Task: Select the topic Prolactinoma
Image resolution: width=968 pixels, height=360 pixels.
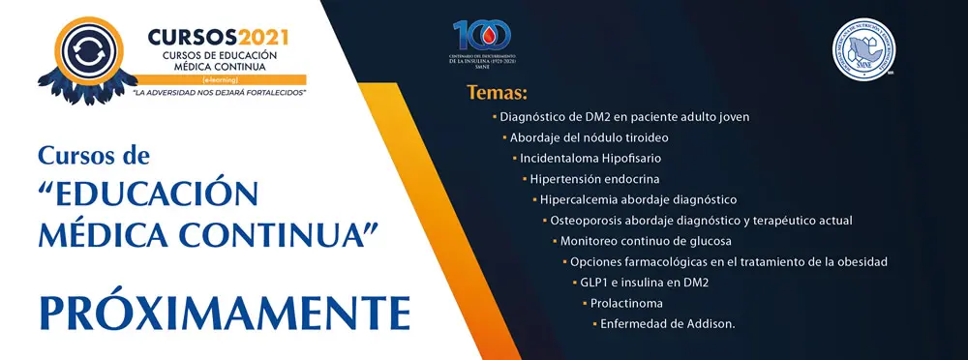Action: [628, 303]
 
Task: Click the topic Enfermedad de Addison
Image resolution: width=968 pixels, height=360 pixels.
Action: [667, 323]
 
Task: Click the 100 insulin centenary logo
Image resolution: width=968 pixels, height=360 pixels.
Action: [482, 37]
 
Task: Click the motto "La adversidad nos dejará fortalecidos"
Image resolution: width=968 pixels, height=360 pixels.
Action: [219, 92]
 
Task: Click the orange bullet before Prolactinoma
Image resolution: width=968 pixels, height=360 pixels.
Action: [585, 303]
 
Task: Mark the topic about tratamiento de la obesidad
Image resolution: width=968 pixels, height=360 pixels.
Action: [728, 261]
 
